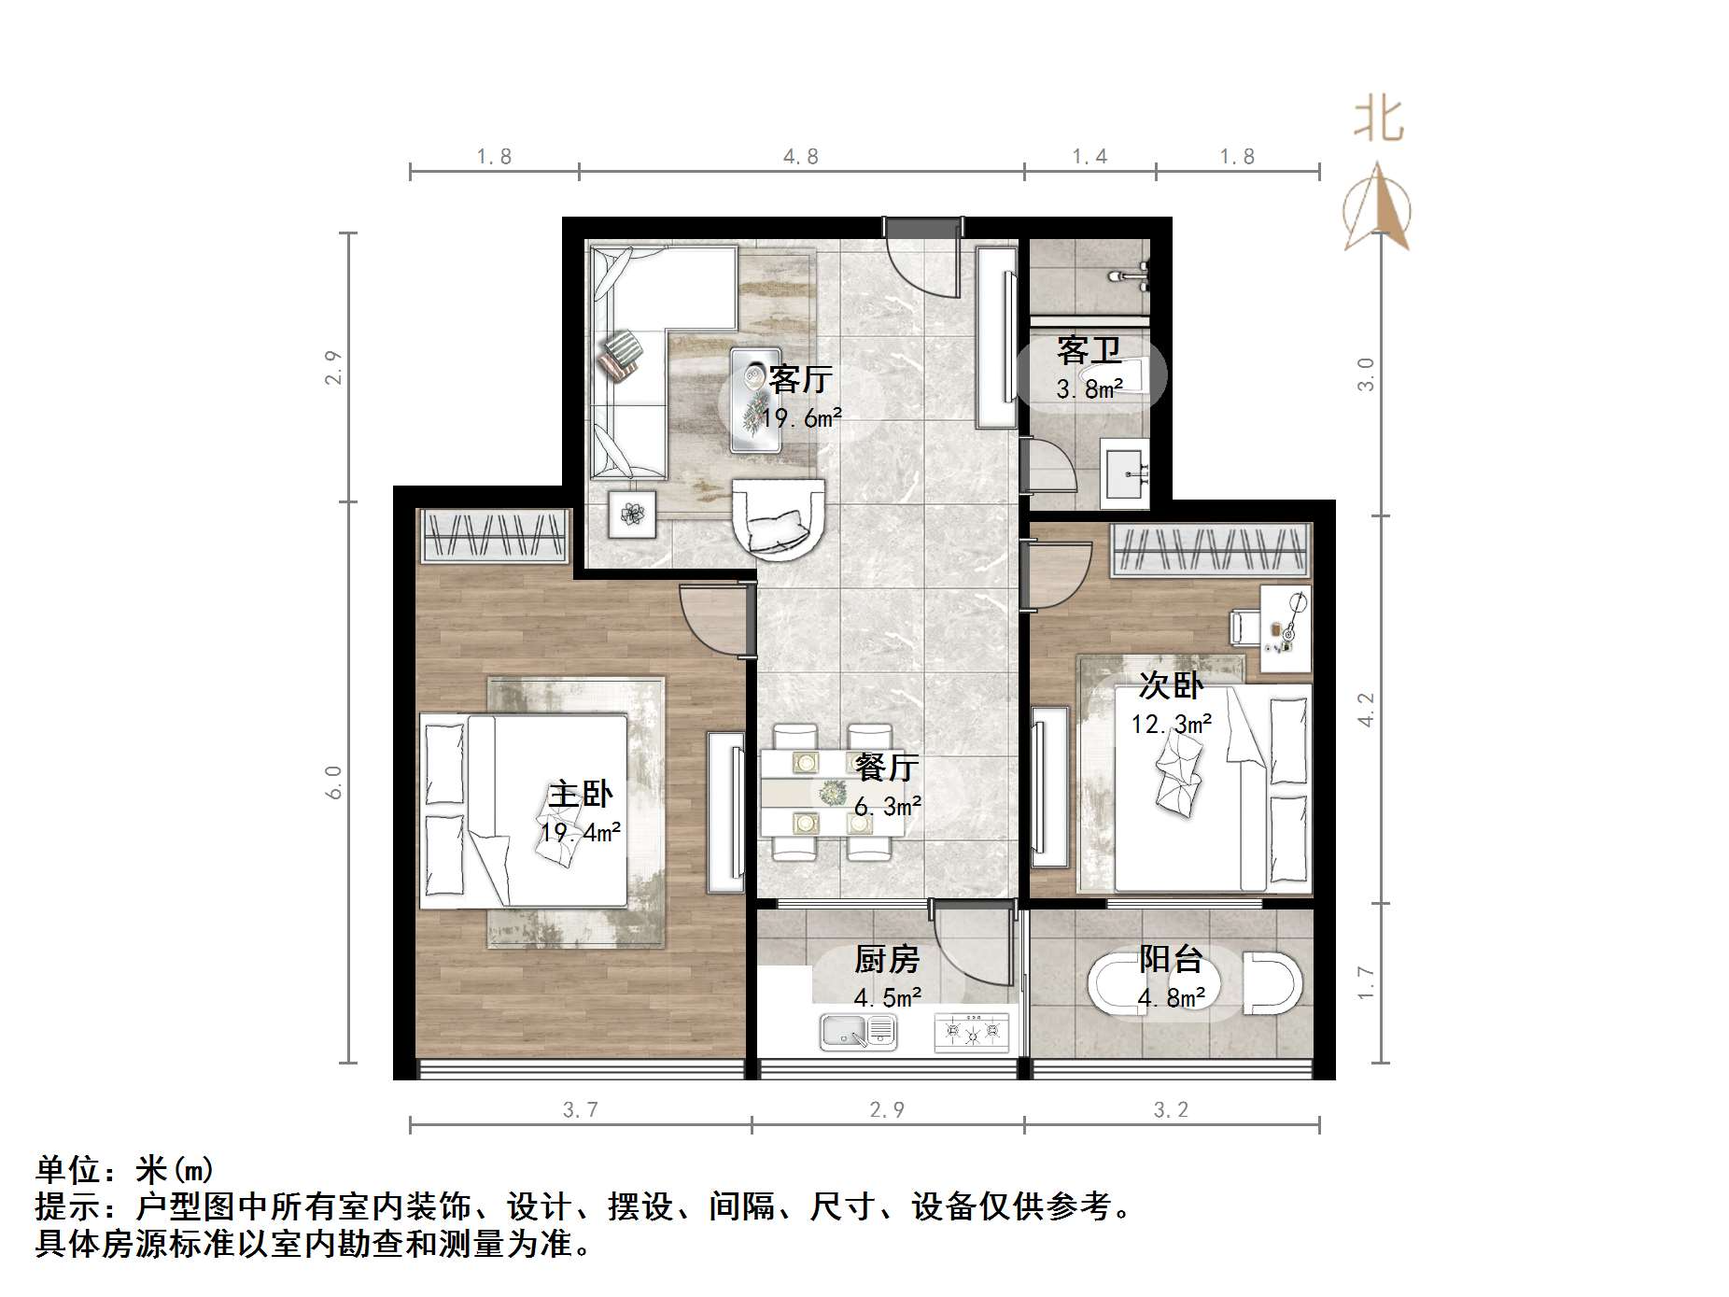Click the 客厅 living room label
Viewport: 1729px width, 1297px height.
click(800, 379)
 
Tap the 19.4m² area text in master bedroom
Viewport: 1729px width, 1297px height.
click(580, 831)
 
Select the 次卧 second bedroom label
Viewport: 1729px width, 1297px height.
click(1171, 685)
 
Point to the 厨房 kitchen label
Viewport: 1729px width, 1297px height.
click(887, 959)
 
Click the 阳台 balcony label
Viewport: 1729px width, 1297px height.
click(1170, 959)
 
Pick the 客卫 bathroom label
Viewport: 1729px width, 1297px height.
click(1089, 350)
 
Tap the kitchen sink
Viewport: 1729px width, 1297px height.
click(857, 1032)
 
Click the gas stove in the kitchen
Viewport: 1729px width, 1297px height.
click(971, 1032)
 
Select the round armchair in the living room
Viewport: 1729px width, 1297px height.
click(779, 519)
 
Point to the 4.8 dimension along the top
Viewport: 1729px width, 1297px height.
click(800, 157)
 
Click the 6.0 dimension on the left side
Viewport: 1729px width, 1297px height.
click(333, 782)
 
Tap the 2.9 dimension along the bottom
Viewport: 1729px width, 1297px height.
click(886, 1109)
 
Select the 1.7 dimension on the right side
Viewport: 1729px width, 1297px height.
click(1365, 982)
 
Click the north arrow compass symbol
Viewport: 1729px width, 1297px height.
click(1377, 210)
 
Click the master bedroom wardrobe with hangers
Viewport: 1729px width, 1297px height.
click(494, 536)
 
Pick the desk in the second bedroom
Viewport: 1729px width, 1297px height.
click(1286, 627)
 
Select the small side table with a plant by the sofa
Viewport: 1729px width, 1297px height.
click(632, 514)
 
